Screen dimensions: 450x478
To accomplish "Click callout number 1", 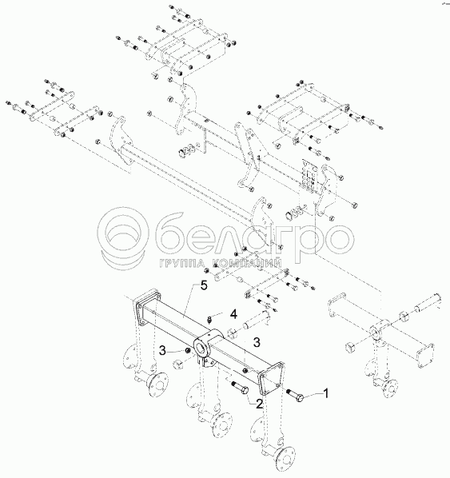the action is (x=326, y=393).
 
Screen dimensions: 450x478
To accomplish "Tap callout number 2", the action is (x=259, y=404).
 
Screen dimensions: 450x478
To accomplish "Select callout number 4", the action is (x=233, y=314).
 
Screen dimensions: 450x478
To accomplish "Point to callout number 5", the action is (x=204, y=286).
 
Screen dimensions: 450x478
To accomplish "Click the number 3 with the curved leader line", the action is (x=163, y=351).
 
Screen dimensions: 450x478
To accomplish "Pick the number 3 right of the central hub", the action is (x=257, y=342).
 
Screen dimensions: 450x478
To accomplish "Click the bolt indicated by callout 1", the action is (x=295, y=395).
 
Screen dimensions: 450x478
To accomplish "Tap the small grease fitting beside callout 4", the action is (x=209, y=320).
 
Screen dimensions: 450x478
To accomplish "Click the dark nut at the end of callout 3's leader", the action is (x=188, y=351).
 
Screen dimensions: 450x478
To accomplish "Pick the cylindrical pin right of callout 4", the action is (x=255, y=323).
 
